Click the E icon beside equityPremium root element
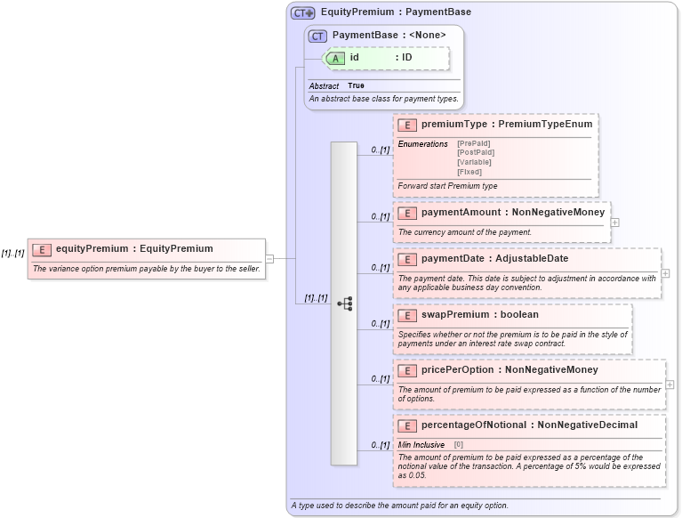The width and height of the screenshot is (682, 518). (42, 249)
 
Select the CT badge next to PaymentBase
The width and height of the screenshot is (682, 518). (317, 36)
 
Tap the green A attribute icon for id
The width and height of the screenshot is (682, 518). (336, 58)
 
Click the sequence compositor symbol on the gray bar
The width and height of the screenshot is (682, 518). (344, 304)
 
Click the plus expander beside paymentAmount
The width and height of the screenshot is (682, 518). (615, 223)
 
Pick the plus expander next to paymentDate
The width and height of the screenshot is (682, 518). (665, 273)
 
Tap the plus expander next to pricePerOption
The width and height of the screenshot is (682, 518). (670, 384)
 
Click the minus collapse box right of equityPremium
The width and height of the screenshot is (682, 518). (269, 259)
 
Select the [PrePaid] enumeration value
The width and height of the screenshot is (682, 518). (473, 143)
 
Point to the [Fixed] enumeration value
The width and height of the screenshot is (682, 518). (469, 172)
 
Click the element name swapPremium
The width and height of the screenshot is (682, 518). (453, 315)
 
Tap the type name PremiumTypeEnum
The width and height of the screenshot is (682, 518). (545, 125)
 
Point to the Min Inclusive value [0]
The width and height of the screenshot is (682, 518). (459, 444)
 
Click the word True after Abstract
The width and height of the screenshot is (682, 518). (356, 85)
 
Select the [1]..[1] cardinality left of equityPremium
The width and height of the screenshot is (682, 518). (12, 254)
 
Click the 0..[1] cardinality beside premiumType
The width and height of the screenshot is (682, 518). (380, 150)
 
